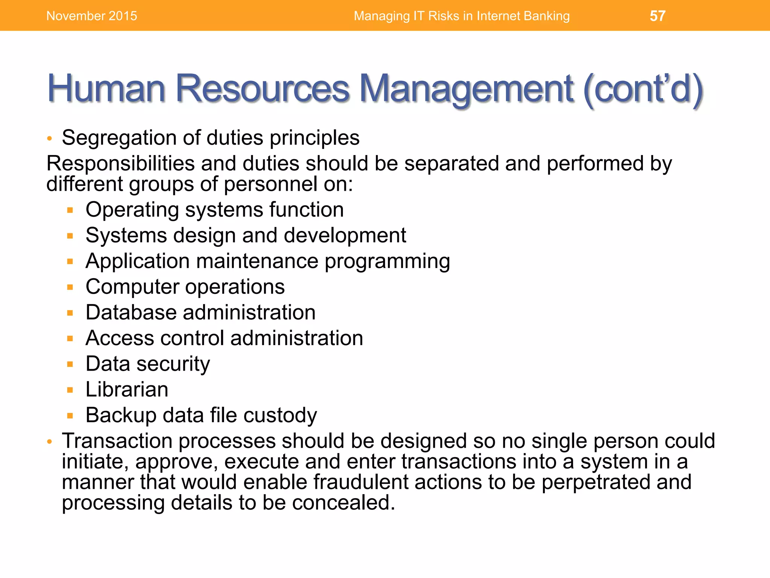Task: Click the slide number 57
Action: (x=658, y=16)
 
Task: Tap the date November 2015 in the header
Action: (x=92, y=16)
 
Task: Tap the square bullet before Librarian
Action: (x=70, y=390)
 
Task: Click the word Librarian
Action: (x=127, y=389)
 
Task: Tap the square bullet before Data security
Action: (x=70, y=364)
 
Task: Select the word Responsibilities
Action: (x=120, y=164)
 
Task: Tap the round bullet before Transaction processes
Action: (x=49, y=442)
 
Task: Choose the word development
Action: (x=345, y=236)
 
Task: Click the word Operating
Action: (x=132, y=210)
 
